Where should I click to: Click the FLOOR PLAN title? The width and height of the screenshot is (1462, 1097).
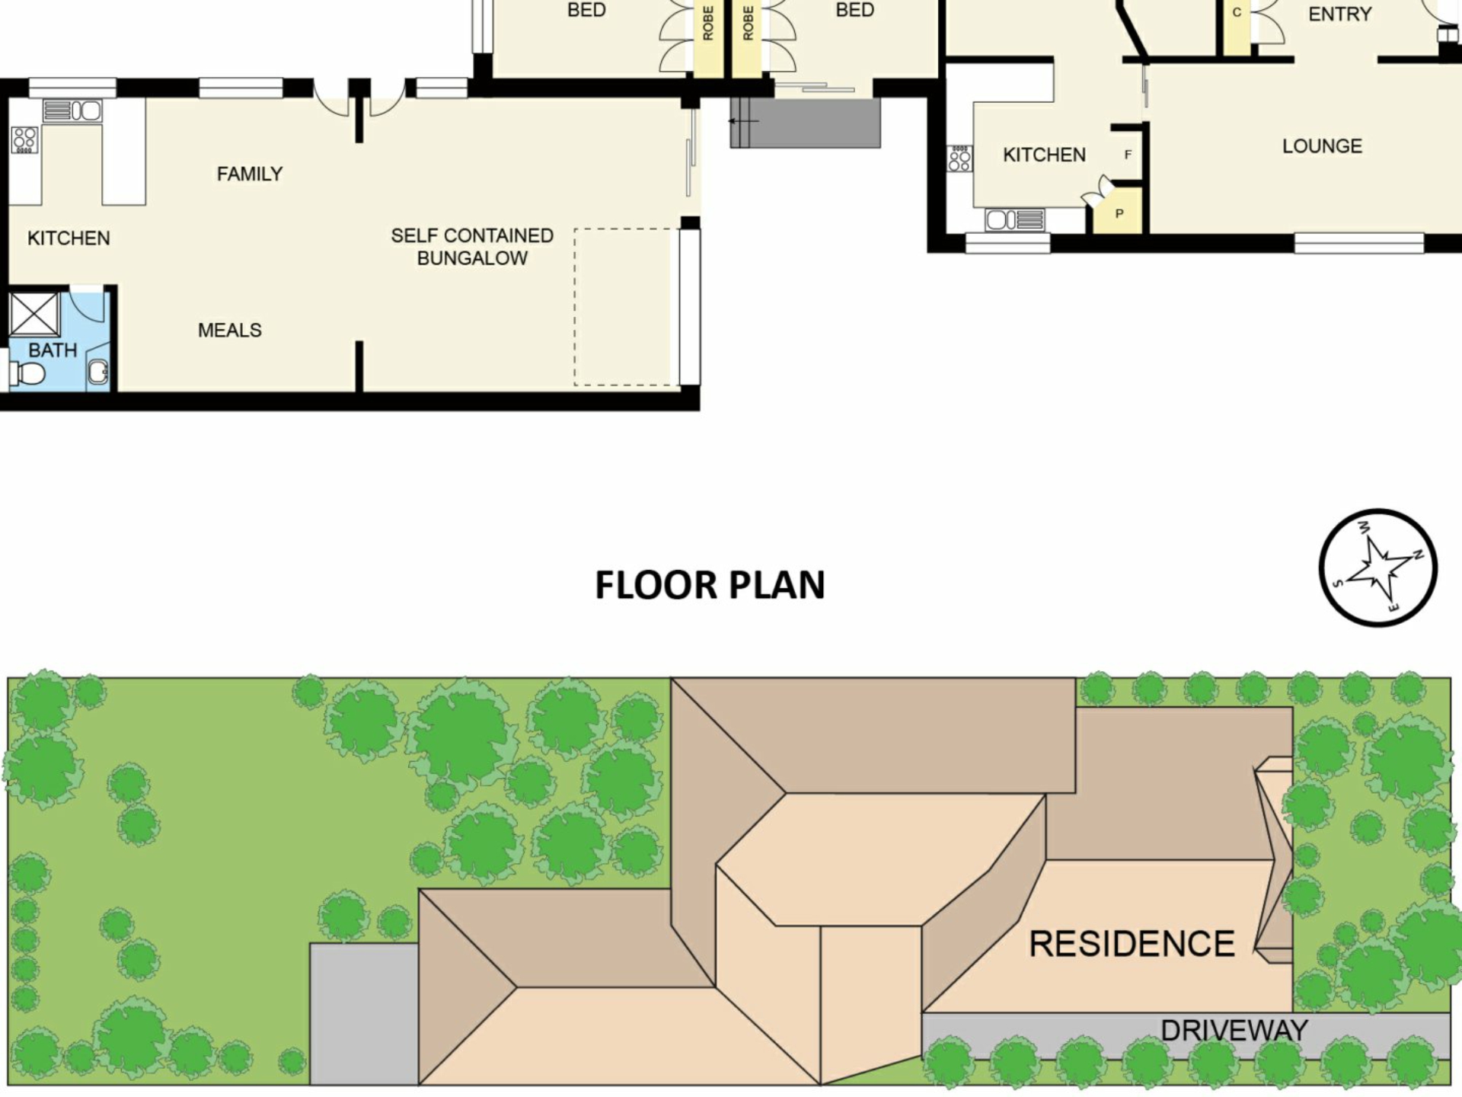coord(710,585)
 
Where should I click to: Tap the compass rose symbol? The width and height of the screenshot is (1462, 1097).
coord(1377,568)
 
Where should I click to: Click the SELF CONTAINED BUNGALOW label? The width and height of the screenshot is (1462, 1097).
coord(472,247)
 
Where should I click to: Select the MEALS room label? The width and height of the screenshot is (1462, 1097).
coord(229,330)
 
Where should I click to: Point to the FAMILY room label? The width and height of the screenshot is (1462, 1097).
coord(250,174)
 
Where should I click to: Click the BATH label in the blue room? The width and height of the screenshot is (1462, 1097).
coord(53,350)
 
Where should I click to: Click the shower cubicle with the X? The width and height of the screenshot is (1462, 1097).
coord(34,314)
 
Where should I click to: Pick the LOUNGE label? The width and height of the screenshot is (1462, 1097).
coord(1322,146)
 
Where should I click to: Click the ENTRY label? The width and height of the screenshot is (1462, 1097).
coord(1340,14)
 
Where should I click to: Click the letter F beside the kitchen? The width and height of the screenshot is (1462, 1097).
coord(1128,155)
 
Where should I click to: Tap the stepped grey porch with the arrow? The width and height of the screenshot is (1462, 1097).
coord(805,123)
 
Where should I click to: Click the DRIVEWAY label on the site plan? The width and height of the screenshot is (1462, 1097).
coord(1234,1031)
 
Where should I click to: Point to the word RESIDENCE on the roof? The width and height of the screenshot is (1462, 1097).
coord(1132,944)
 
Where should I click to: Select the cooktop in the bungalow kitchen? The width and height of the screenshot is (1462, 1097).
coord(25,140)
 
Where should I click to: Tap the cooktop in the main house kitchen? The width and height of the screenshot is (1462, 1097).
coord(960,159)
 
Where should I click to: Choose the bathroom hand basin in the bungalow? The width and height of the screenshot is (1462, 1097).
coord(98,372)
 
